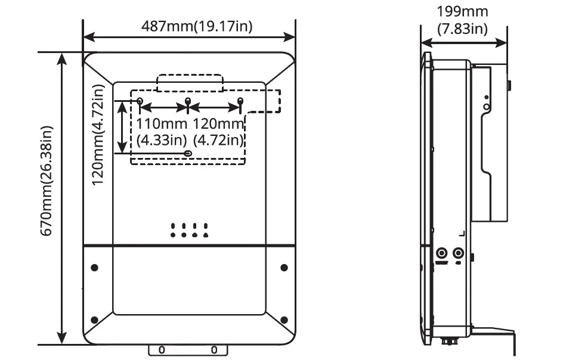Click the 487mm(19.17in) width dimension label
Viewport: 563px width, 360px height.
[188, 26]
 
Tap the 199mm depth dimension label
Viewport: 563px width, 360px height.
[462, 20]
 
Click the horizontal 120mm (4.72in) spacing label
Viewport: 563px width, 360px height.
[218, 132]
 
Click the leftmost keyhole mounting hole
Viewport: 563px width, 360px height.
[140, 101]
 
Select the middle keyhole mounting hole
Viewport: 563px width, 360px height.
[188, 101]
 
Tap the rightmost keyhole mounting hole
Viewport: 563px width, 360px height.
[240, 101]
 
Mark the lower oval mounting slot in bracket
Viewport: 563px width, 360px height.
[188, 154]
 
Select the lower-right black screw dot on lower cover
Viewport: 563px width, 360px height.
[284, 319]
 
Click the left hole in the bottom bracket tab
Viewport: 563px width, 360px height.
[162, 350]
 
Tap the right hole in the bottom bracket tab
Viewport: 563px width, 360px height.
[215, 350]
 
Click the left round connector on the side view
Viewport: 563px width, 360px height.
[442, 253]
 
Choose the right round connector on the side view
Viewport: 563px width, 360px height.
[459, 253]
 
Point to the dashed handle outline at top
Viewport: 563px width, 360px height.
[188, 83]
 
